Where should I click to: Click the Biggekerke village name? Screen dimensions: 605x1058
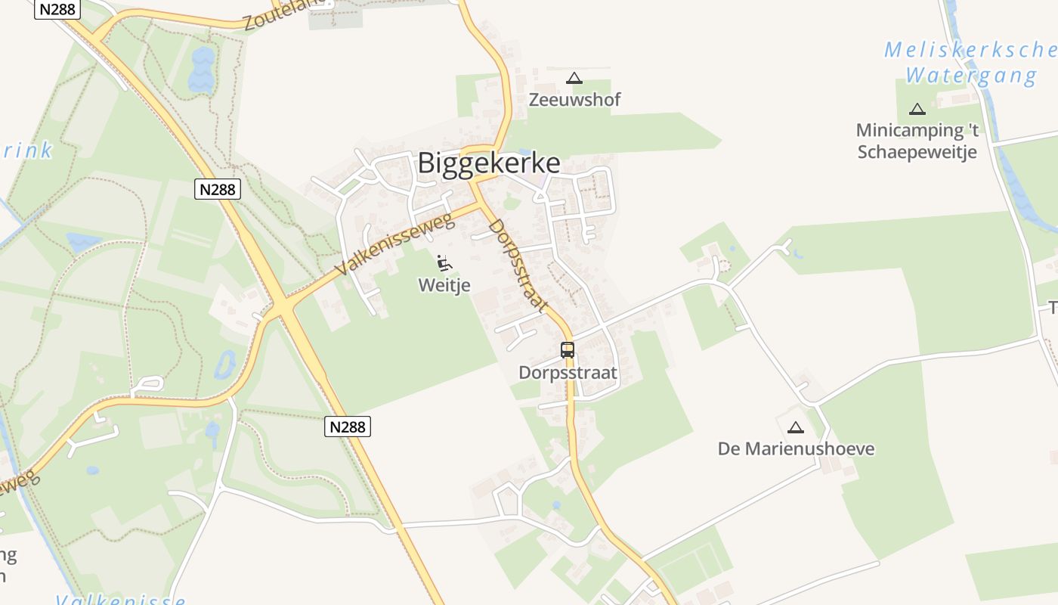pos(489,163)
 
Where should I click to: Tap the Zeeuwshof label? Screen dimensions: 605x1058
pos(574,100)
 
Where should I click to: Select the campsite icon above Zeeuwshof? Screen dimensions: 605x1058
pos(574,78)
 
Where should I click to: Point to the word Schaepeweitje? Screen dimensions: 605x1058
pos(917,152)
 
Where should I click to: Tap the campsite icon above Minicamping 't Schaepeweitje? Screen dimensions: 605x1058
pos(917,109)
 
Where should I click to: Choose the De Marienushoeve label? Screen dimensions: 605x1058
pos(796,448)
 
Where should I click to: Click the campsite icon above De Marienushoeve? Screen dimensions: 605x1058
pos(795,427)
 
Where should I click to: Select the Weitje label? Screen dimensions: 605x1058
pos(444,285)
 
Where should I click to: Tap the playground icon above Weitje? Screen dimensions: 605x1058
pos(444,263)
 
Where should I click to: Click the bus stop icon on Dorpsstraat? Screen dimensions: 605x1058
pos(568,350)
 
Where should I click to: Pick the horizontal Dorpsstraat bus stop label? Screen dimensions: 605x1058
pos(568,373)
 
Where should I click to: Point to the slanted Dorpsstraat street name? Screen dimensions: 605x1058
pos(518,265)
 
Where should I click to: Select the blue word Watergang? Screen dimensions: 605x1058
pos(971,76)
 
